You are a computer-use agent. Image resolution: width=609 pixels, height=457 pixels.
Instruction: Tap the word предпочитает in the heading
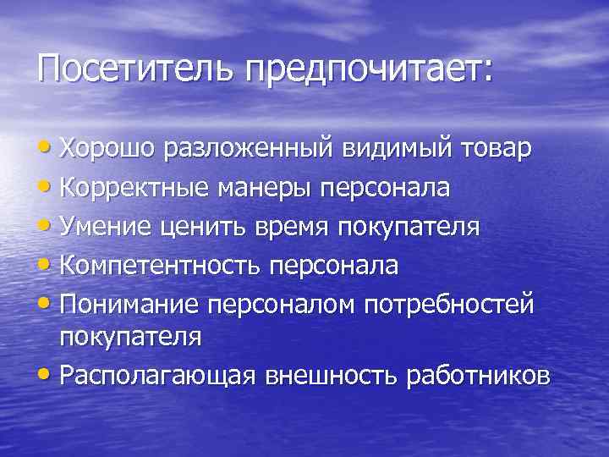tap(368, 68)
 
